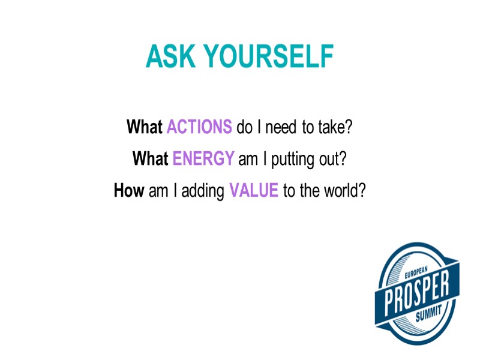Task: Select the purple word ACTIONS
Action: click(199, 127)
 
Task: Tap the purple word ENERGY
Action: click(203, 159)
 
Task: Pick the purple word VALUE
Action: click(254, 191)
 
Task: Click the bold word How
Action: click(128, 191)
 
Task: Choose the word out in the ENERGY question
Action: click(329, 159)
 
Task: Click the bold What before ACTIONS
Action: click(144, 127)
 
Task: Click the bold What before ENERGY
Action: click(150, 159)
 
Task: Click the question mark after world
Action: click(362, 191)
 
